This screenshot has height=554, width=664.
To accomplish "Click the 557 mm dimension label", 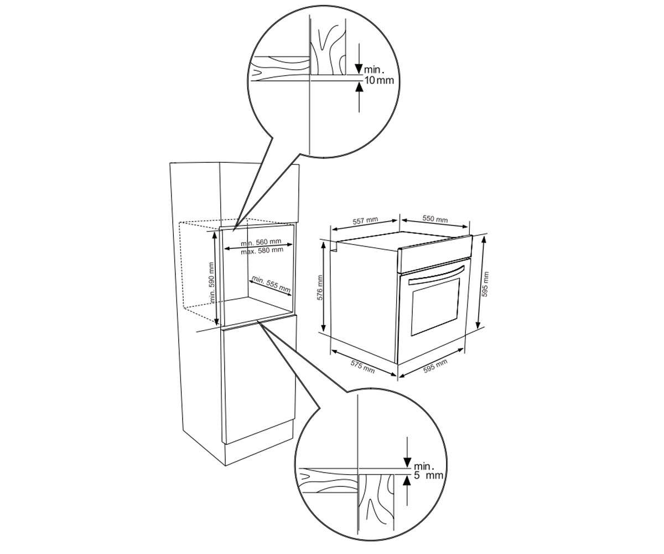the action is pos(365,220).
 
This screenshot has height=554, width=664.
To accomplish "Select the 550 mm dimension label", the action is pos(435,219).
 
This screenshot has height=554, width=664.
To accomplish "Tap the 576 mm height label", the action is pos(320,288).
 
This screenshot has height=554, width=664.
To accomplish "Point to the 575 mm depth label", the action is pos(362,367).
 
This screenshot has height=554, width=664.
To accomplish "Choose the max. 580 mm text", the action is pos(262,250).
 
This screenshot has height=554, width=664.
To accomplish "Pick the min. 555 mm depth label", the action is pos(271,284).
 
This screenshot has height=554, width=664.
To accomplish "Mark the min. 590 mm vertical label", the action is pos(212,283).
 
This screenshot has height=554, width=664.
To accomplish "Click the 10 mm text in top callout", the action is pos(378,80).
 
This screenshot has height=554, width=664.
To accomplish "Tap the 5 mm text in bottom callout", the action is pos(428,475).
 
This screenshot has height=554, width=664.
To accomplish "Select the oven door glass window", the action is pos(435,307).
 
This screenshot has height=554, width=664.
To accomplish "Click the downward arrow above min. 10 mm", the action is pos(359,59).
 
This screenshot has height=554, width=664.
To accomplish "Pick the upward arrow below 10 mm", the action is pos(359,97).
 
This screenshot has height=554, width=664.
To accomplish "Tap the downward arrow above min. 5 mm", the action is pos(407,453).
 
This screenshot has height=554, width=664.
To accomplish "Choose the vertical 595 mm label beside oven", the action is pos(485,284).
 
